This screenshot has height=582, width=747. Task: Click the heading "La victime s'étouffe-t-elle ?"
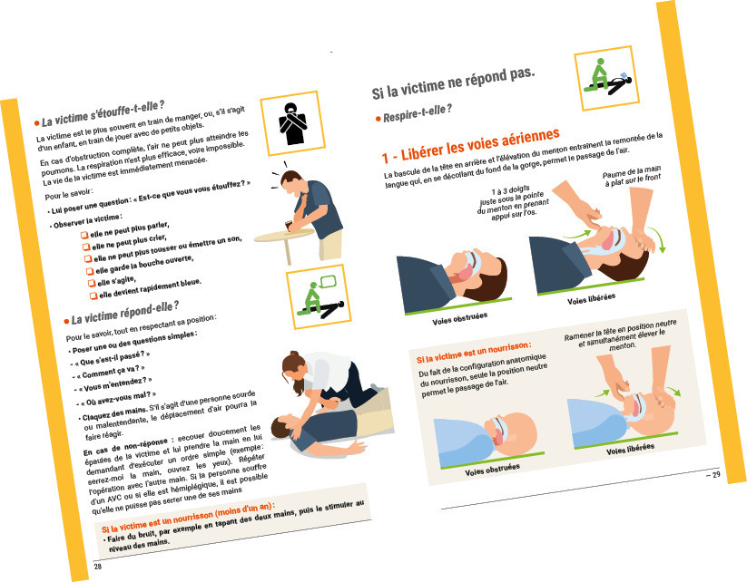click(x=103, y=113)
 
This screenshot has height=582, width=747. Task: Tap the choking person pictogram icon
click(x=292, y=122)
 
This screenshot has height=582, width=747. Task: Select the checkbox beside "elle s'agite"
click(x=92, y=283)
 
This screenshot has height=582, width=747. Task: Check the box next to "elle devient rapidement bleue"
click(x=93, y=296)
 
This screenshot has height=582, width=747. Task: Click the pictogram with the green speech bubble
click(x=319, y=297)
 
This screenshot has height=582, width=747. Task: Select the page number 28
click(x=98, y=567)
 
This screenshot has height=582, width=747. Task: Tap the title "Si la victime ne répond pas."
click(x=453, y=82)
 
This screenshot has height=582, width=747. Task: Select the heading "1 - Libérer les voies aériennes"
click(x=471, y=145)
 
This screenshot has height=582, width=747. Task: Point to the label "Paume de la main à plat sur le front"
click(x=633, y=176)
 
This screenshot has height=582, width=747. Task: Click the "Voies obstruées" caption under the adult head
click(x=460, y=319)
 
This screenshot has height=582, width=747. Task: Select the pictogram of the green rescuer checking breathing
click(x=606, y=78)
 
